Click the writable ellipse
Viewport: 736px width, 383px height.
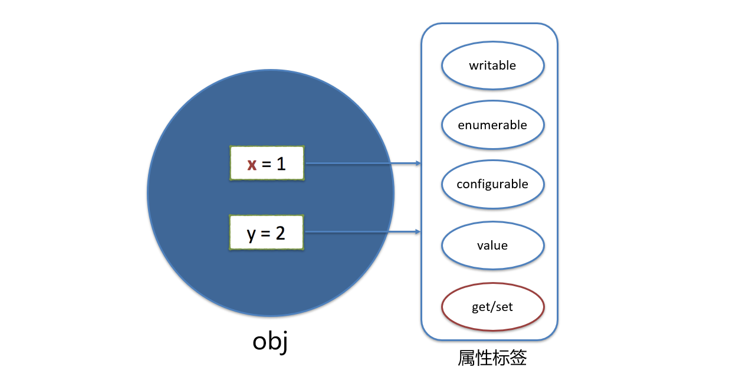coord(492,66)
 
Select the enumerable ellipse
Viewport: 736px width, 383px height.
coord(492,125)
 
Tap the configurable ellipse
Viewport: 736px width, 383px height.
coord(492,184)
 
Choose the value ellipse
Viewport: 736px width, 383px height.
coord(492,245)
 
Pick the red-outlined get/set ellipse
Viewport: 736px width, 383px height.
coord(492,307)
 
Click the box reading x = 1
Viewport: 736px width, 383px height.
coord(267,163)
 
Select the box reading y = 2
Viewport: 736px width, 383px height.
coord(267,233)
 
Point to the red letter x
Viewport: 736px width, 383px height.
coord(252,164)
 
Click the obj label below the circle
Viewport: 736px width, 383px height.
coord(270,342)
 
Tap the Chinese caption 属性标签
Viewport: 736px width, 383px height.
coord(492,358)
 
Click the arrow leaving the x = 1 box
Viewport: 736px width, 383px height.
coord(362,163)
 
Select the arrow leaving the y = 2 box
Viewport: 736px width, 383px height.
coord(362,232)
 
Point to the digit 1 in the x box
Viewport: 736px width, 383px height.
coord(281,163)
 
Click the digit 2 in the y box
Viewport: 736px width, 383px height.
coord(280,233)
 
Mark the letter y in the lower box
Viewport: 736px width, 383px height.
coord(252,235)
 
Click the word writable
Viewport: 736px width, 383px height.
coord(492,66)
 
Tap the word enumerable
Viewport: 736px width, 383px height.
coord(492,125)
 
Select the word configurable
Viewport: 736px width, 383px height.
coord(492,184)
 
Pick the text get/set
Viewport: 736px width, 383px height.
coord(492,307)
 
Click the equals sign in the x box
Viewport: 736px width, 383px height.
coord(267,164)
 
